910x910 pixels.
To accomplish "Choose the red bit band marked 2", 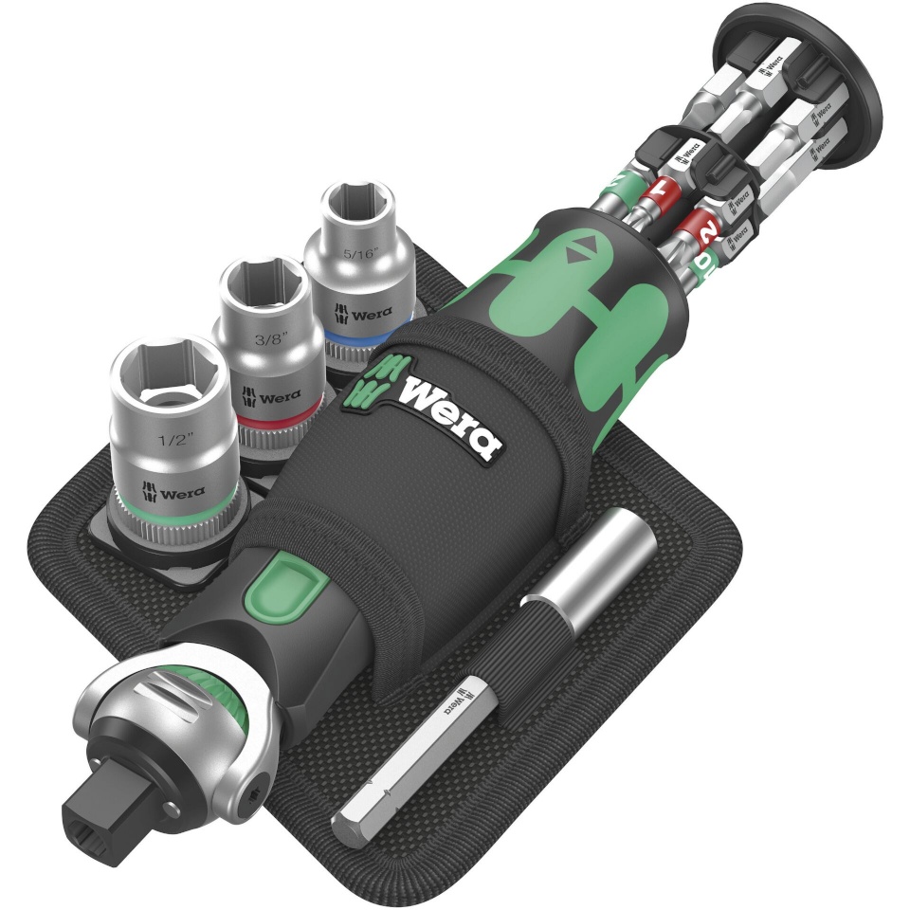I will pyautogui.click(x=703, y=230).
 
